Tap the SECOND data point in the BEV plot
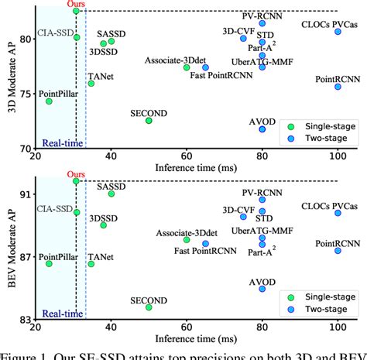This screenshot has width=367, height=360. (x=149, y=307)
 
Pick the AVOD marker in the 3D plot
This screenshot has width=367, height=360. (x=262, y=129)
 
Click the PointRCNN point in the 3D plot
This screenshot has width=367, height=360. (x=338, y=87)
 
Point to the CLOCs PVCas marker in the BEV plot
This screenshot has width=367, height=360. (x=338, y=213)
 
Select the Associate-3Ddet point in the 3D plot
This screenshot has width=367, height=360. (x=187, y=67)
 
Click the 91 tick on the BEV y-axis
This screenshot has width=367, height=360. (x=26, y=194)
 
